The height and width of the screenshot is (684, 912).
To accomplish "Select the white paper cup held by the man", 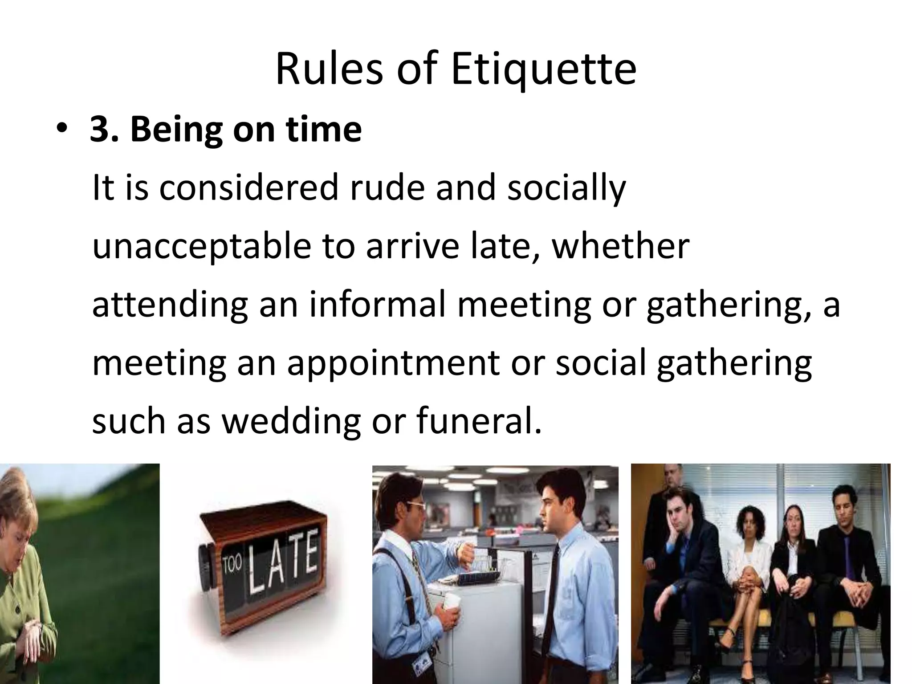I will tap(451, 601).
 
